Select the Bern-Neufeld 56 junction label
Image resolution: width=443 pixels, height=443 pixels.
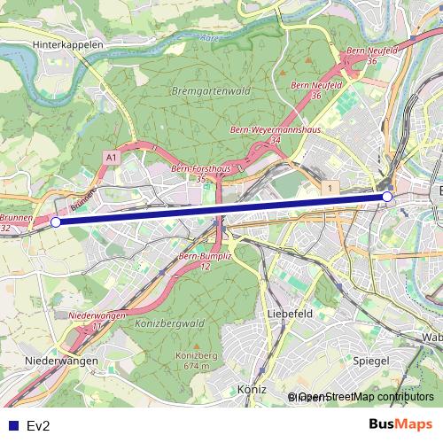point(372,55)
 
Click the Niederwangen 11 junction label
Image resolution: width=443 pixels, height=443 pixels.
point(97,320)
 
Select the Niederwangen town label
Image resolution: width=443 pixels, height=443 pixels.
point(61,361)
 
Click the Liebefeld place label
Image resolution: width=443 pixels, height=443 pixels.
point(291,314)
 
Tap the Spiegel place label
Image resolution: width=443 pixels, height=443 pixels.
point(370,361)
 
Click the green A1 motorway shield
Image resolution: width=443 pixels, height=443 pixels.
point(111,157)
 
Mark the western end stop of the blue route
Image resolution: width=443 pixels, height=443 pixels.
point(56,222)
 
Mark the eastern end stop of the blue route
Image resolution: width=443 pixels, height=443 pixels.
point(387,196)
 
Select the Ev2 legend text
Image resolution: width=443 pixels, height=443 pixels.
point(38,424)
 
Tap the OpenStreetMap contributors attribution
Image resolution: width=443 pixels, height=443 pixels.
point(363,398)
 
